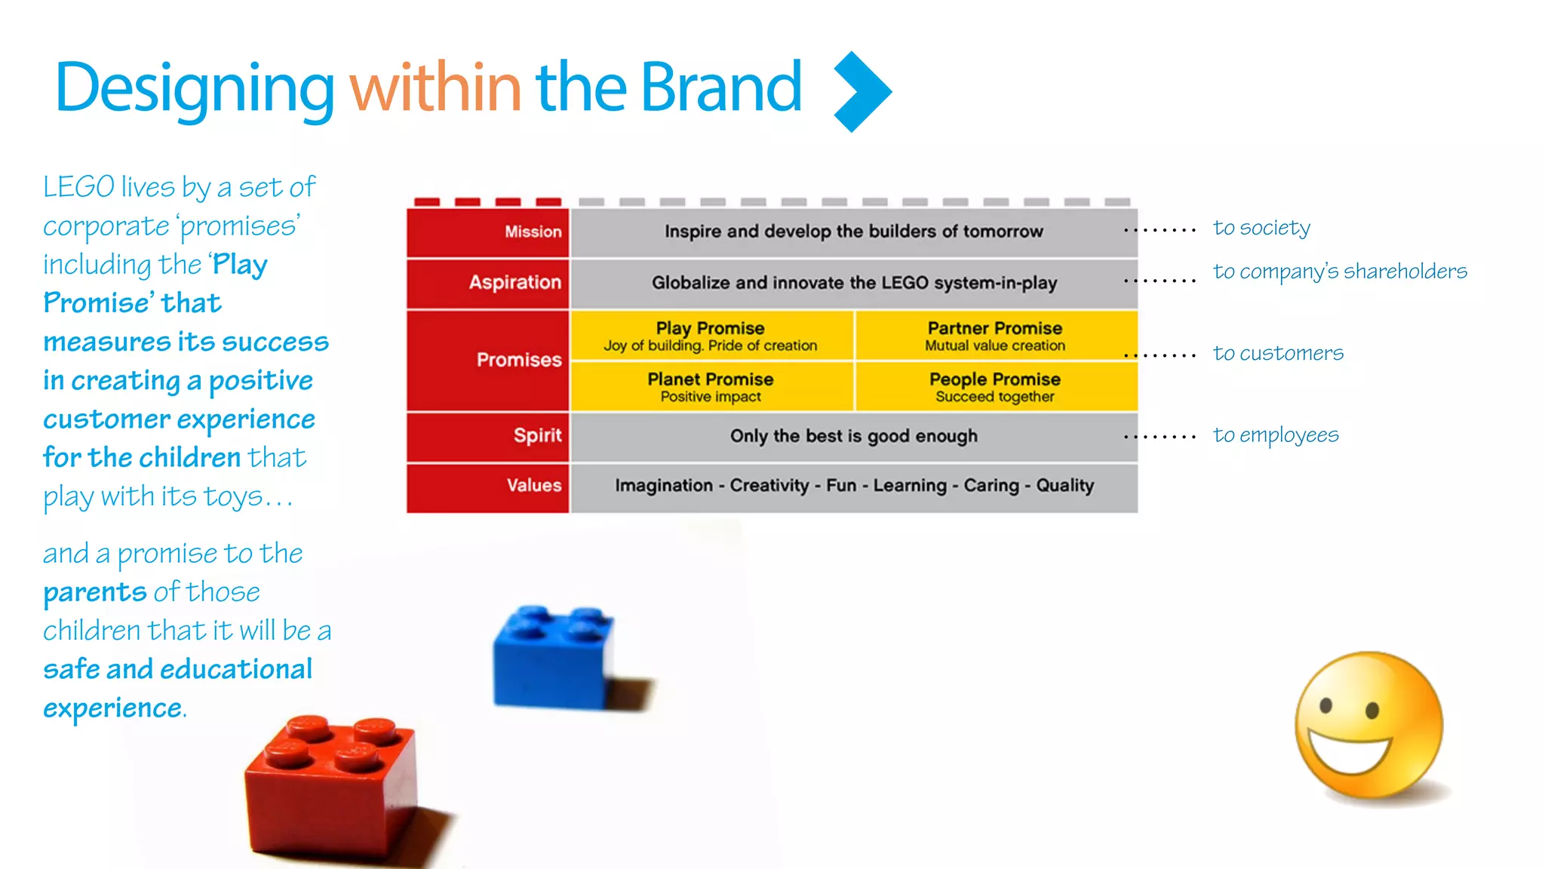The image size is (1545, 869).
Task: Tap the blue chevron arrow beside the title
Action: [x=862, y=91]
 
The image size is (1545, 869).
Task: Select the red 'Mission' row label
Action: [x=533, y=232]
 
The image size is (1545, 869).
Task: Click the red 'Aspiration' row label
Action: [x=514, y=282]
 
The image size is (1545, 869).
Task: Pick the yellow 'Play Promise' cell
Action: [x=711, y=336]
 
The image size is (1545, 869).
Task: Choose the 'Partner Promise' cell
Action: [x=994, y=336]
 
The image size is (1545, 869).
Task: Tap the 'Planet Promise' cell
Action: [x=711, y=386]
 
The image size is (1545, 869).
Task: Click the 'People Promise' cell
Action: [x=994, y=386]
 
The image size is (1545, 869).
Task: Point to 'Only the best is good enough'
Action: [x=853, y=436]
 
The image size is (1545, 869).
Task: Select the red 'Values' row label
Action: [x=533, y=485]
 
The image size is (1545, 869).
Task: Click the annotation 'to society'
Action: [x=1261, y=228]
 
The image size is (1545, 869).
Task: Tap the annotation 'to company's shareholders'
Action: [x=1340, y=272]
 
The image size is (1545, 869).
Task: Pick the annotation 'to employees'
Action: [x=1276, y=435]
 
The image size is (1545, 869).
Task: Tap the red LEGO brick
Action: [x=332, y=788]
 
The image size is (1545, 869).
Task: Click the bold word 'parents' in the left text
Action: [x=95, y=593]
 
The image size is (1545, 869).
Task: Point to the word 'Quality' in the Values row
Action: [x=1064, y=485]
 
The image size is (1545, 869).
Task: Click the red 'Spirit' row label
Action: [x=537, y=435]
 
